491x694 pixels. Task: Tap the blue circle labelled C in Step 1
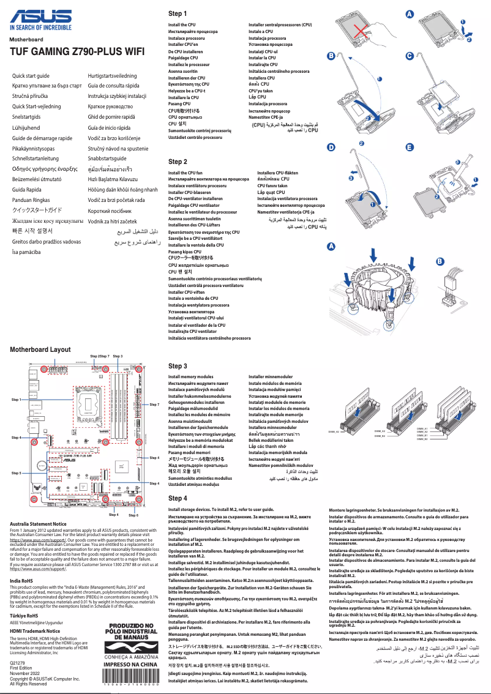[410, 56]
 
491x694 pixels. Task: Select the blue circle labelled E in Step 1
[410, 147]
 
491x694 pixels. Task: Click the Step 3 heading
[178, 366]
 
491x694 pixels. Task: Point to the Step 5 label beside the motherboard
[17, 473]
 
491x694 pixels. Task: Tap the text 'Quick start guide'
[35, 75]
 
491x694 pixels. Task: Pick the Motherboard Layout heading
[40, 349]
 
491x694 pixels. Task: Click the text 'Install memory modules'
[190, 377]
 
